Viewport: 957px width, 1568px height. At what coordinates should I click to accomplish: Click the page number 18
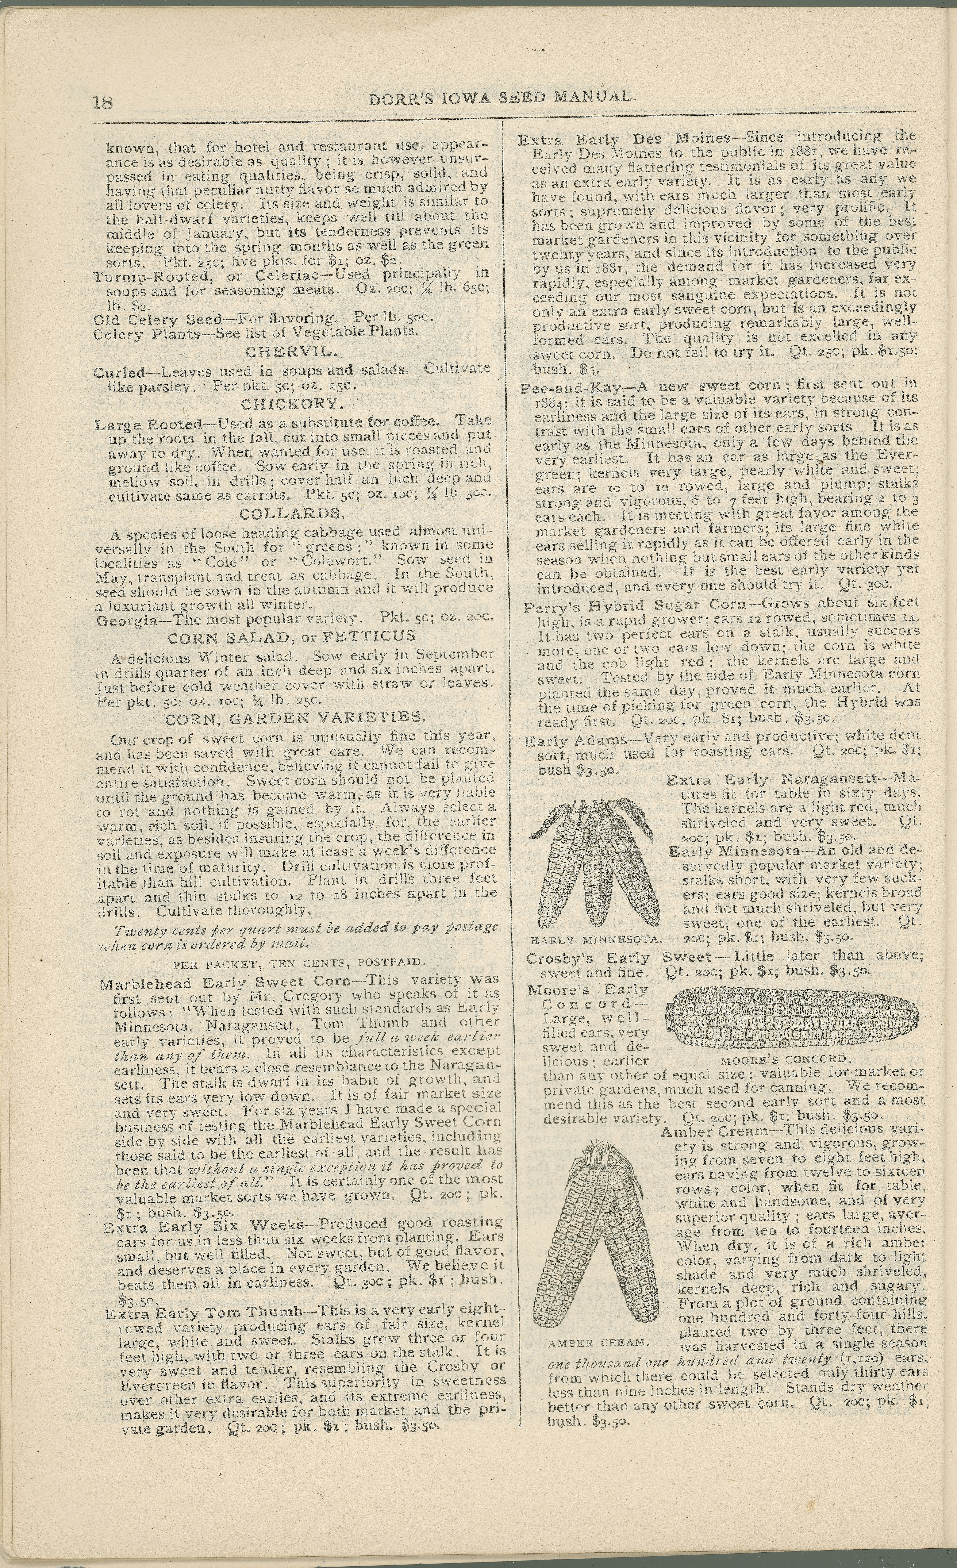pos(102,102)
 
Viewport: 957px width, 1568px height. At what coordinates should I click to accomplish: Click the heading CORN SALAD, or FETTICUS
pos(291,636)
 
